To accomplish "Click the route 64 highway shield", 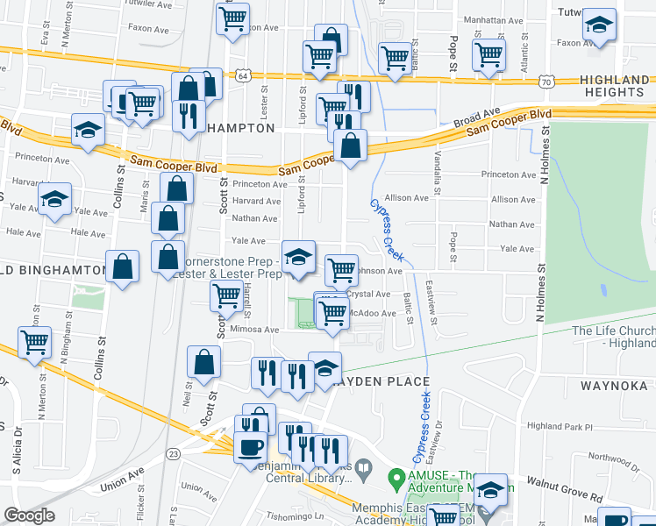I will click(239, 76).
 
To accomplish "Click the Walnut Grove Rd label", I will click(565, 489).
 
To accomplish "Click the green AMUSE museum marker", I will click(397, 480).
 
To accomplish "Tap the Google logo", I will click(29, 515).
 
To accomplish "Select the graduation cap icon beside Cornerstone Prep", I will click(299, 257).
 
